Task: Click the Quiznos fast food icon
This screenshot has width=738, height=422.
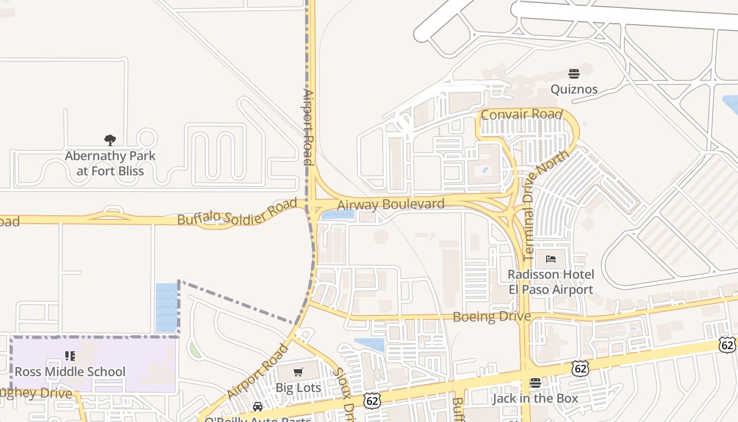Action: click(574, 73)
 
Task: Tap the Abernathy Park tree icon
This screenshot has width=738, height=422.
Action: click(110, 140)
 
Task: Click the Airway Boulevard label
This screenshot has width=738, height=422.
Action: click(391, 204)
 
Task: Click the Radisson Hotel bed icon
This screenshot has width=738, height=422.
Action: click(551, 259)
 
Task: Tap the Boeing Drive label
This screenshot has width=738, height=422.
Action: click(492, 316)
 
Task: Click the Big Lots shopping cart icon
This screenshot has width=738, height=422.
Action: click(298, 372)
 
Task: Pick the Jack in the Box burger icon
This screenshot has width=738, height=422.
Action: click(536, 383)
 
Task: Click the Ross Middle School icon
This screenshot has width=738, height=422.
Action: click(70, 357)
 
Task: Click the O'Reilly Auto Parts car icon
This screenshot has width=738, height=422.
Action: click(258, 407)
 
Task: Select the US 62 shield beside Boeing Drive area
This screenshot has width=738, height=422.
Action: click(580, 368)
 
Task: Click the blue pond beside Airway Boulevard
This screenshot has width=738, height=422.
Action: click(338, 215)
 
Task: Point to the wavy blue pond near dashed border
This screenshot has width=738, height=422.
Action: click(167, 308)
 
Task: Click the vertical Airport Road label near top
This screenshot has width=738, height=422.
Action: click(308, 127)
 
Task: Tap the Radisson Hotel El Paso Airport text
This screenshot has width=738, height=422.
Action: click(551, 282)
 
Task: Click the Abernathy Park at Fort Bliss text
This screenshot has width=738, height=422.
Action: click(110, 164)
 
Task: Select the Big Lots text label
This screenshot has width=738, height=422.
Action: click(298, 388)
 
